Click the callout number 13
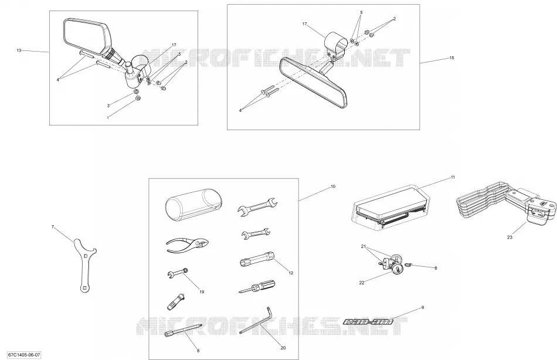[x=19, y=50]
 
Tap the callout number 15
[x=451, y=58]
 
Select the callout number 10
[x=333, y=186]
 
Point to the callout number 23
[x=510, y=237]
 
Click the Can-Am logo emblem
[x=368, y=322]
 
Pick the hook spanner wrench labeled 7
[x=84, y=265]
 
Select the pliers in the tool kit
[x=187, y=246]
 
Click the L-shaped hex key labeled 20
[x=256, y=322]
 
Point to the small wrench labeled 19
[x=177, y=273]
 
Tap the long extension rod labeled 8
[x=184, y=329]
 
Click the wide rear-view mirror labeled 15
[x=313, y=81]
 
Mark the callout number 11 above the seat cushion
[x=453, y=177]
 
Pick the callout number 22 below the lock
[x=362, y=283]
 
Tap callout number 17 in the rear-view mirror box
[x=304, y=24]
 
